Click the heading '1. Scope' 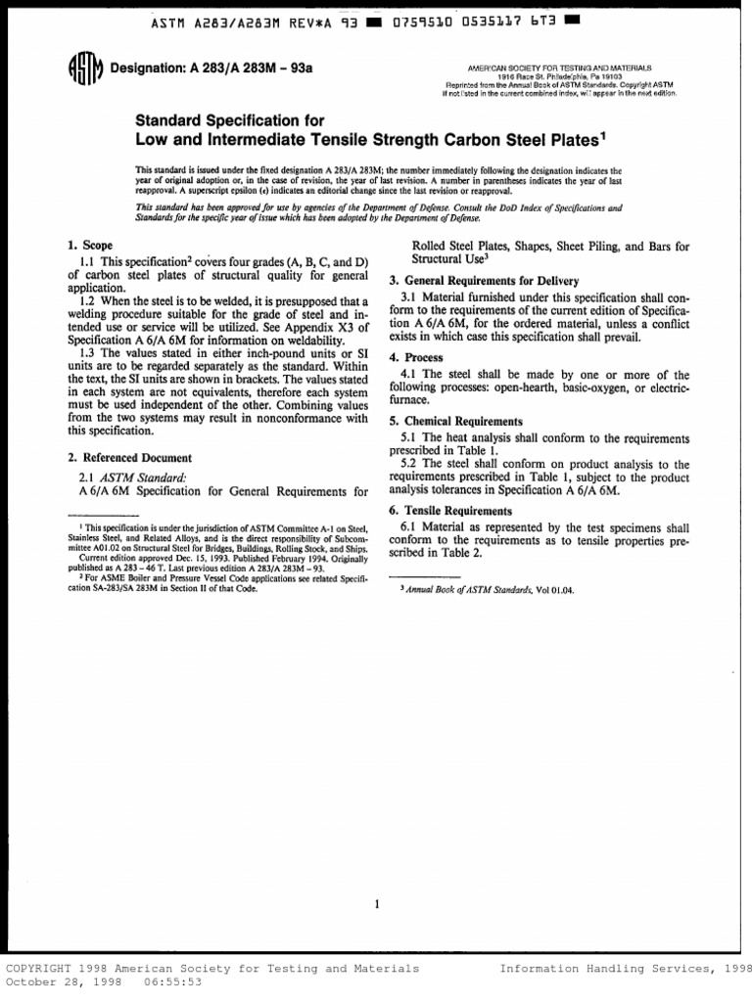coord(90,245)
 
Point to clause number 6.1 coord(409,527)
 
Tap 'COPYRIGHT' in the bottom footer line coord(42,969)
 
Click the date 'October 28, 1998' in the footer coord(63,982)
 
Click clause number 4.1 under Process coord(409,375)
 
